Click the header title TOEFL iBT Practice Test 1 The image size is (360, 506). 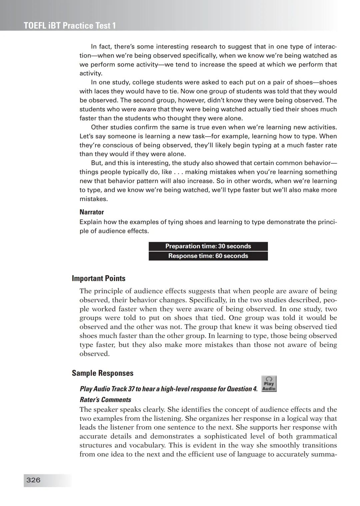70,26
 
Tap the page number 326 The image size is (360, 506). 33,480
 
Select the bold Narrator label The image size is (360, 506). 92,212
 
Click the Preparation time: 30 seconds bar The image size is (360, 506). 208,247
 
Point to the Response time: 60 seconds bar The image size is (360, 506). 208,256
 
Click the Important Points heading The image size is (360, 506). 99,278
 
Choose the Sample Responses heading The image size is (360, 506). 103,373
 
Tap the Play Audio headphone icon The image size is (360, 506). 269,384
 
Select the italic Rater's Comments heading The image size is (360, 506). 105,400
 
